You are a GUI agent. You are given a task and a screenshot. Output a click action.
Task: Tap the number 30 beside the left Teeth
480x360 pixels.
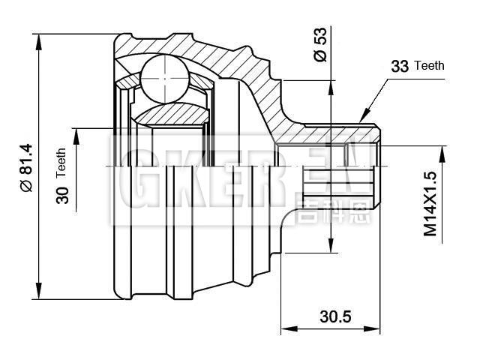click(62, 193)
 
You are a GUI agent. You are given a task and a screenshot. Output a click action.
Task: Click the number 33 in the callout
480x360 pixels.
click(400, 67)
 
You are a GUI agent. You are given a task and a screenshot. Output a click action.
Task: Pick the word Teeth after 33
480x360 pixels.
click(429, 65)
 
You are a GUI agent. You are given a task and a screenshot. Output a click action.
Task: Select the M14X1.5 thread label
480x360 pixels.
click(430, 204)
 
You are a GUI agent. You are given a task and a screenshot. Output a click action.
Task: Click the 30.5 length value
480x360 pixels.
click(335, 316)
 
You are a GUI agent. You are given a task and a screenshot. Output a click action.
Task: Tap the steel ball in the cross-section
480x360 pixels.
click(163, 78)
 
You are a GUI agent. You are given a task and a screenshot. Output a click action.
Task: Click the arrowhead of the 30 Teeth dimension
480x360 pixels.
click(75, 130)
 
